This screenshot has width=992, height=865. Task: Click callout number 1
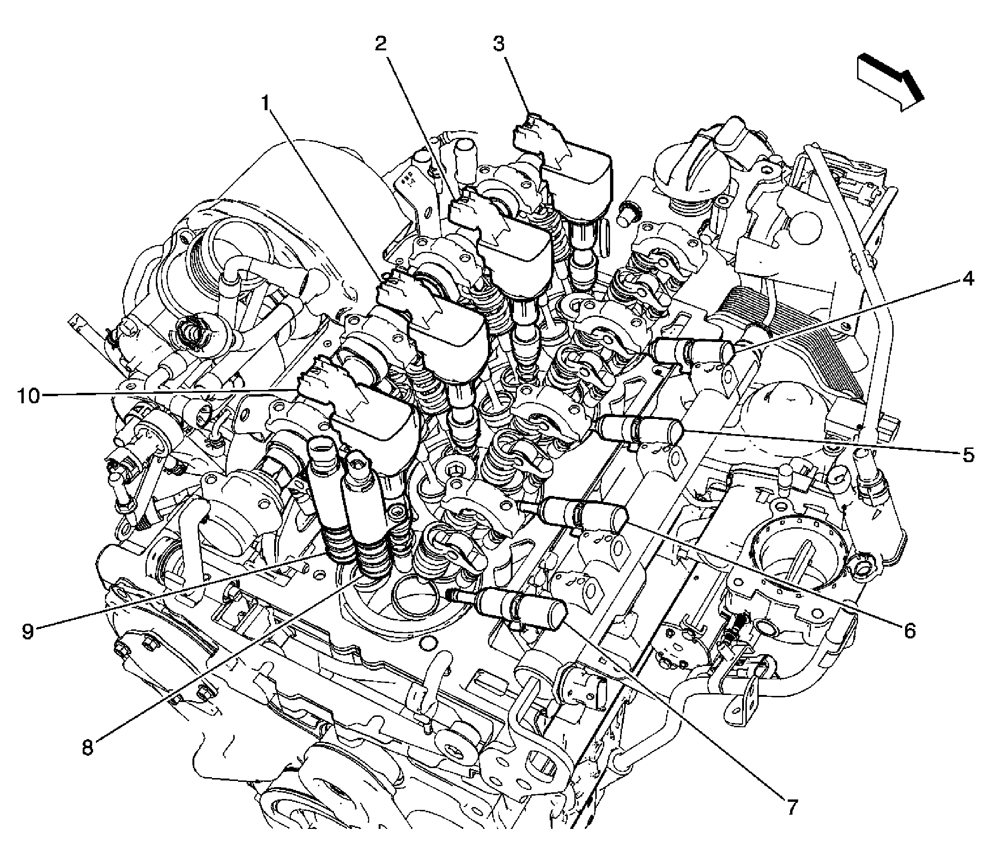point(265,103)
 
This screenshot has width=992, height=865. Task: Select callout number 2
point(381,44)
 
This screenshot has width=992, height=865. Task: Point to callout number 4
point(954,279)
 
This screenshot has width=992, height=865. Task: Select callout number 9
point(28,631)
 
